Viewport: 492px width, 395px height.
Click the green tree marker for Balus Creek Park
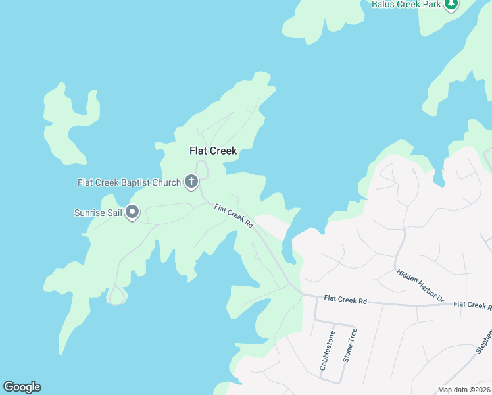(x=451, y=4)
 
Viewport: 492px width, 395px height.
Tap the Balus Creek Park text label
(x=406, y=4)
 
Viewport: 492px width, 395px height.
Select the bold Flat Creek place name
(x=212, y=151)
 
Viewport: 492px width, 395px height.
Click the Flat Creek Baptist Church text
(x=129, y=182)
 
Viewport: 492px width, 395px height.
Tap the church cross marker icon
(x=191, y=182)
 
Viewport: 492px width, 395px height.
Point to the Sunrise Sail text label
(x=98, y=213)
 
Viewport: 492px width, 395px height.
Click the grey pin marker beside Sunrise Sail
(x=133, y=212)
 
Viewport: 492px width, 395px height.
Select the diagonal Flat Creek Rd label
(x=234, y=217)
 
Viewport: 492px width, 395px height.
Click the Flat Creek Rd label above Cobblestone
(x=344, y=300)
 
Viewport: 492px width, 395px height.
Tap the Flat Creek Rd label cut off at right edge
(x=472, y=305)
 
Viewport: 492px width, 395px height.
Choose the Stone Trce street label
(x=350, y=346)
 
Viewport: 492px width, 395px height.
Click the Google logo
(x=22, y=387)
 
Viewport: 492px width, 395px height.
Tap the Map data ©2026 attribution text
(x=463, y=390)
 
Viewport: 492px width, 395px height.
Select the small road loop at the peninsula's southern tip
(x=116, y=297)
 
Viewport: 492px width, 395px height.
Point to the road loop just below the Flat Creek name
(x=203, y=170)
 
